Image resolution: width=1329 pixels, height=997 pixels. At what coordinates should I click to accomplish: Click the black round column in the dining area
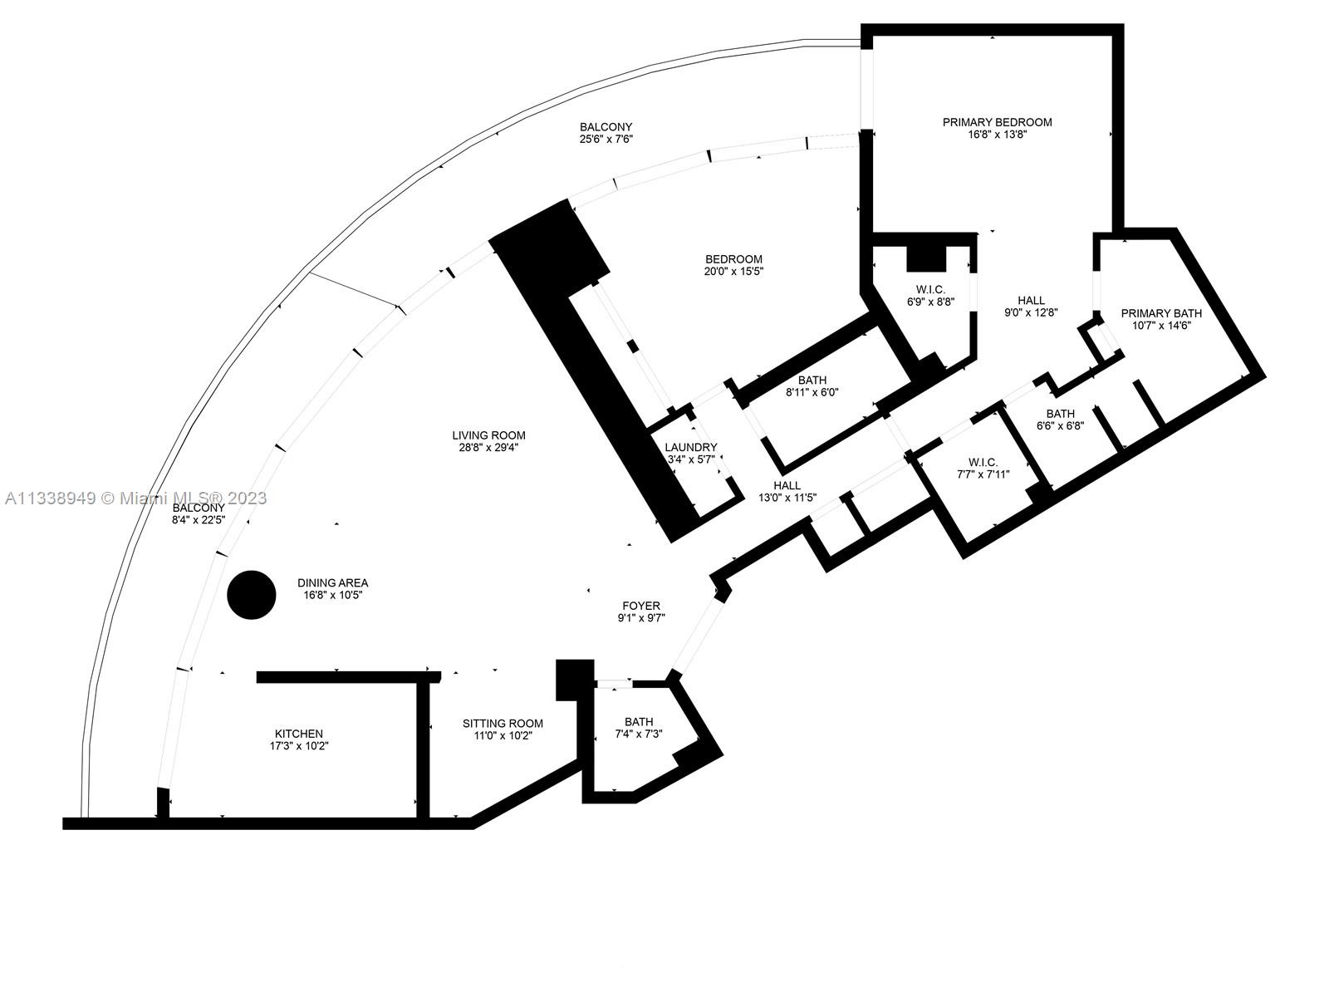(x=252, y=595)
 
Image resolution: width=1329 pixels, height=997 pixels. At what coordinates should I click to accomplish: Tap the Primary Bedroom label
(x=998, y=122)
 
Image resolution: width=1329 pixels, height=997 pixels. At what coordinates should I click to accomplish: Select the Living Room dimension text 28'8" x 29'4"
(x=488, y=448)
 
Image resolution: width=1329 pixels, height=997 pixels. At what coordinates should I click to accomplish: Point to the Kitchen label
(x=299, y=734)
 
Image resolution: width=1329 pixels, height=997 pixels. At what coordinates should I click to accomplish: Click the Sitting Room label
(x=503, y=724)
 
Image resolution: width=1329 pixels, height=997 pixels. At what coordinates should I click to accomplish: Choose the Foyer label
(x=641, y=606)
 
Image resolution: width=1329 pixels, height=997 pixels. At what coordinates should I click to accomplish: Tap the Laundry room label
(x=691, y=447)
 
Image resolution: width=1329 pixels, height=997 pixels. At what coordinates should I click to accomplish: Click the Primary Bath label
(x=1161, y=313)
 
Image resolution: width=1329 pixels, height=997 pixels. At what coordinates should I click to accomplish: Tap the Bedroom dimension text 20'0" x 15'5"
(x=733, y=272)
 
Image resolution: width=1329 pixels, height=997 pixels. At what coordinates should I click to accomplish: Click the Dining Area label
(x=332, y=583)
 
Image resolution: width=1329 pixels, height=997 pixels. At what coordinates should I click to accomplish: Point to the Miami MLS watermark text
(x=135, y=498)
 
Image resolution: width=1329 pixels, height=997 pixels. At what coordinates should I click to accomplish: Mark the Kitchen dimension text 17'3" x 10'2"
(x=299, y=746)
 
